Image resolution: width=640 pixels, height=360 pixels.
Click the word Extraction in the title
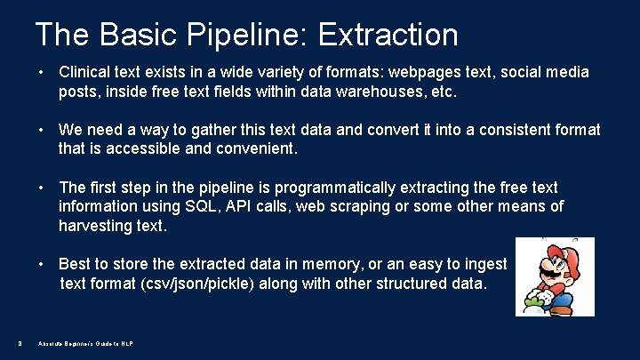[388, 35]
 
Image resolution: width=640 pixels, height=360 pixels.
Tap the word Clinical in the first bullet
[86, 71]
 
